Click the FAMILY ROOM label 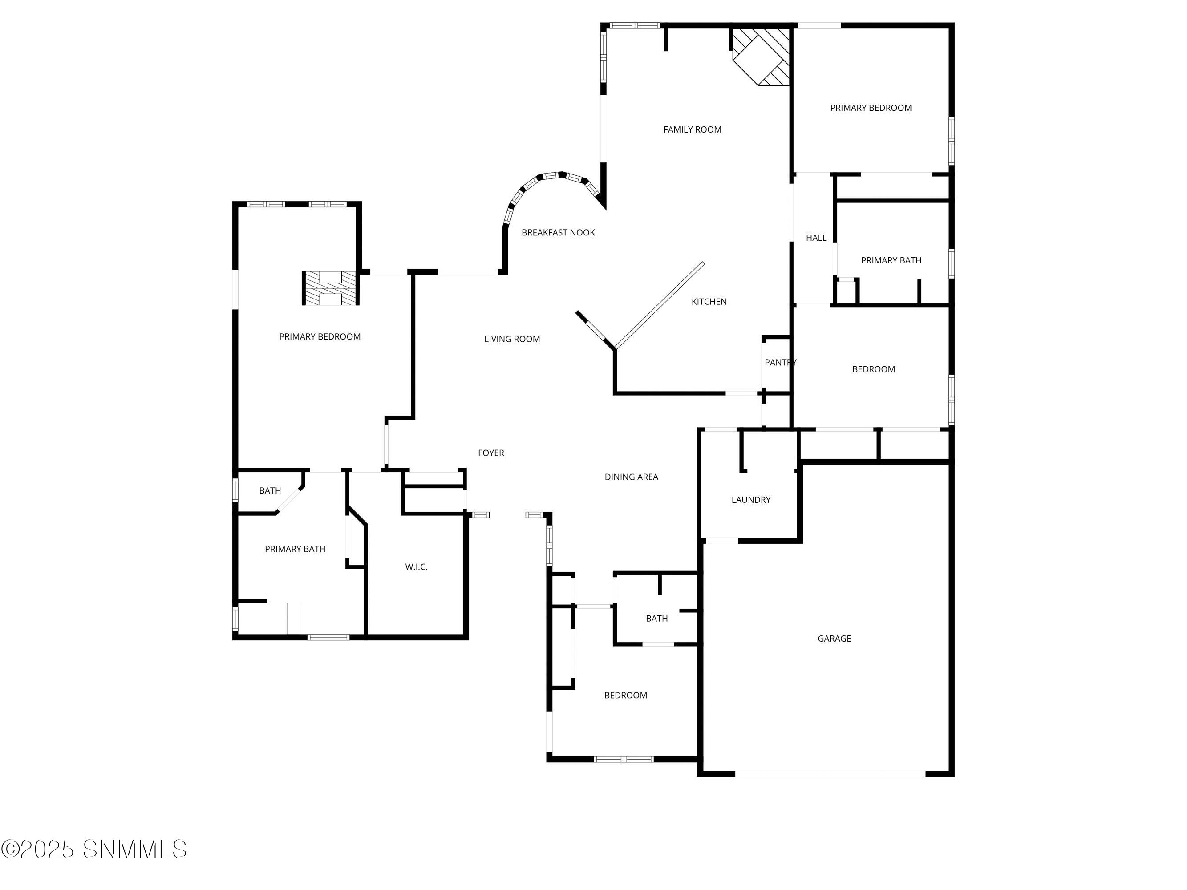coord(692,129)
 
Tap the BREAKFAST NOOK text coord(558,232)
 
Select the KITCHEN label coord(709,302)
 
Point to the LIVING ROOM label coord(512,339)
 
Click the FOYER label coord(491,453)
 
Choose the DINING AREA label coord(631,477)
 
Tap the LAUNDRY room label coord(751,499)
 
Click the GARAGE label coord(834,639)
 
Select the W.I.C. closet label coord(417,566)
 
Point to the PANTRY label coord(780,362)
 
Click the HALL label coord(816,238)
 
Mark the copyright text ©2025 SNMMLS coord(94,849)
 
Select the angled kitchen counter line coord(660,305)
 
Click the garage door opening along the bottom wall coord(830,773)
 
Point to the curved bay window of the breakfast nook coord(547,179)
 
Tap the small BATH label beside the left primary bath coord(270,490)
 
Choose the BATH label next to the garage coord(657,619)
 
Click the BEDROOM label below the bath coord(626,695)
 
